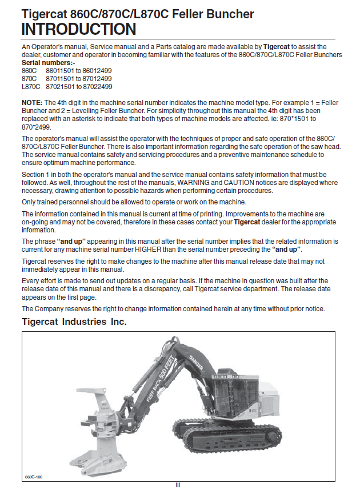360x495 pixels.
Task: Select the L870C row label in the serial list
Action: click(31, 86)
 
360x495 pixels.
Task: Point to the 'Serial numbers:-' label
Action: click(44, 61)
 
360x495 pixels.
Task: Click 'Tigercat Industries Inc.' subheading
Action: click(74, 322)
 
